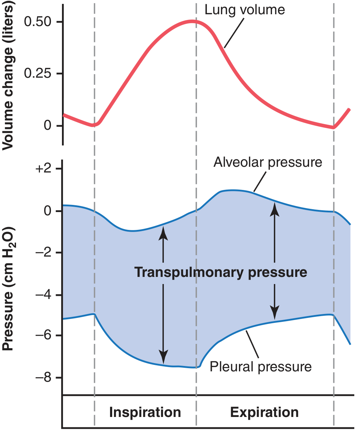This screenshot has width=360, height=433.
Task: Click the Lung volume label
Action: (x=245, y=10)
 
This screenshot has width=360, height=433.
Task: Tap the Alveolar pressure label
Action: (x=268, y=163)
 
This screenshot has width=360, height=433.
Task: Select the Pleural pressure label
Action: (x=261, y=367)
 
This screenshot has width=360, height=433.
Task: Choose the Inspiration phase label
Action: (x=145, y=412)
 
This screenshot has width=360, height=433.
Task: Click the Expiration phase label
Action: (x=264, y=412)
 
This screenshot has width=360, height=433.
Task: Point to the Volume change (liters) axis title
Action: (x=9, y=77)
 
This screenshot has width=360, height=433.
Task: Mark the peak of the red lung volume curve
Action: (x=193, y=22)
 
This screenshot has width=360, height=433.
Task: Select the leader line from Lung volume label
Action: (x=234, y=32)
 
